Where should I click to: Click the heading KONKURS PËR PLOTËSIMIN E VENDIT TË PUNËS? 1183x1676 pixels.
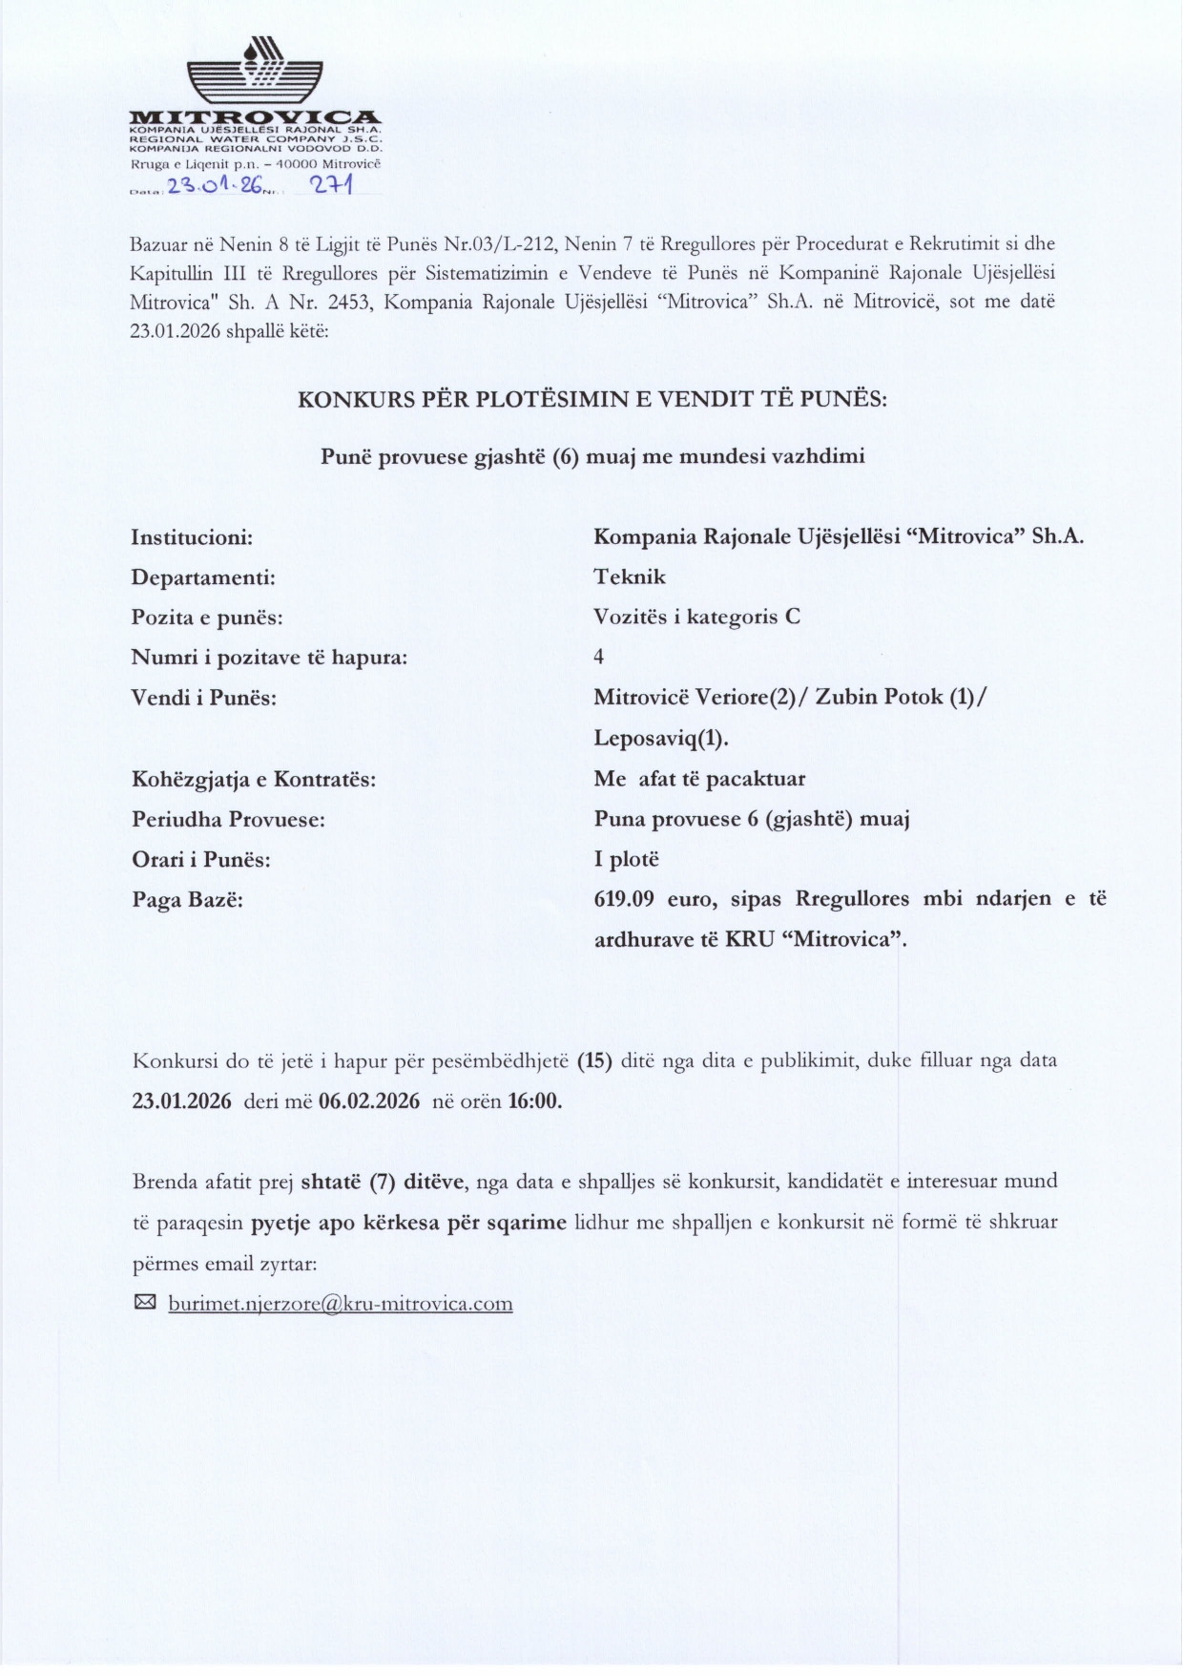click(592, 400)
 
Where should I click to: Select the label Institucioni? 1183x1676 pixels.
click(192, 537)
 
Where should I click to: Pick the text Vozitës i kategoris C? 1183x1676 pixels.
click(696, 617)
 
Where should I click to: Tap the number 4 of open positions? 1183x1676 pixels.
click(599, 657)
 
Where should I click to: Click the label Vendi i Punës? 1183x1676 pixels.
click(204, 698)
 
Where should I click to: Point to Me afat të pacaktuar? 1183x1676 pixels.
click(699, 779)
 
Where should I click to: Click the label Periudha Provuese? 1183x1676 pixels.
click(228, 820)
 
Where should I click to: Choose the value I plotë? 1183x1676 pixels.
click(627, 860)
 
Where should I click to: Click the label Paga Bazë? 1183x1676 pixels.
click(187, 900)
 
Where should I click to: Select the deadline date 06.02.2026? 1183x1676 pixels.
click(369, 1100)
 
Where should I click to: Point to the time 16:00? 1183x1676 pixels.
click(534, 1100)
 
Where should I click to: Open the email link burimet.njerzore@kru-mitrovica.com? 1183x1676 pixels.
click(341, 1304)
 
